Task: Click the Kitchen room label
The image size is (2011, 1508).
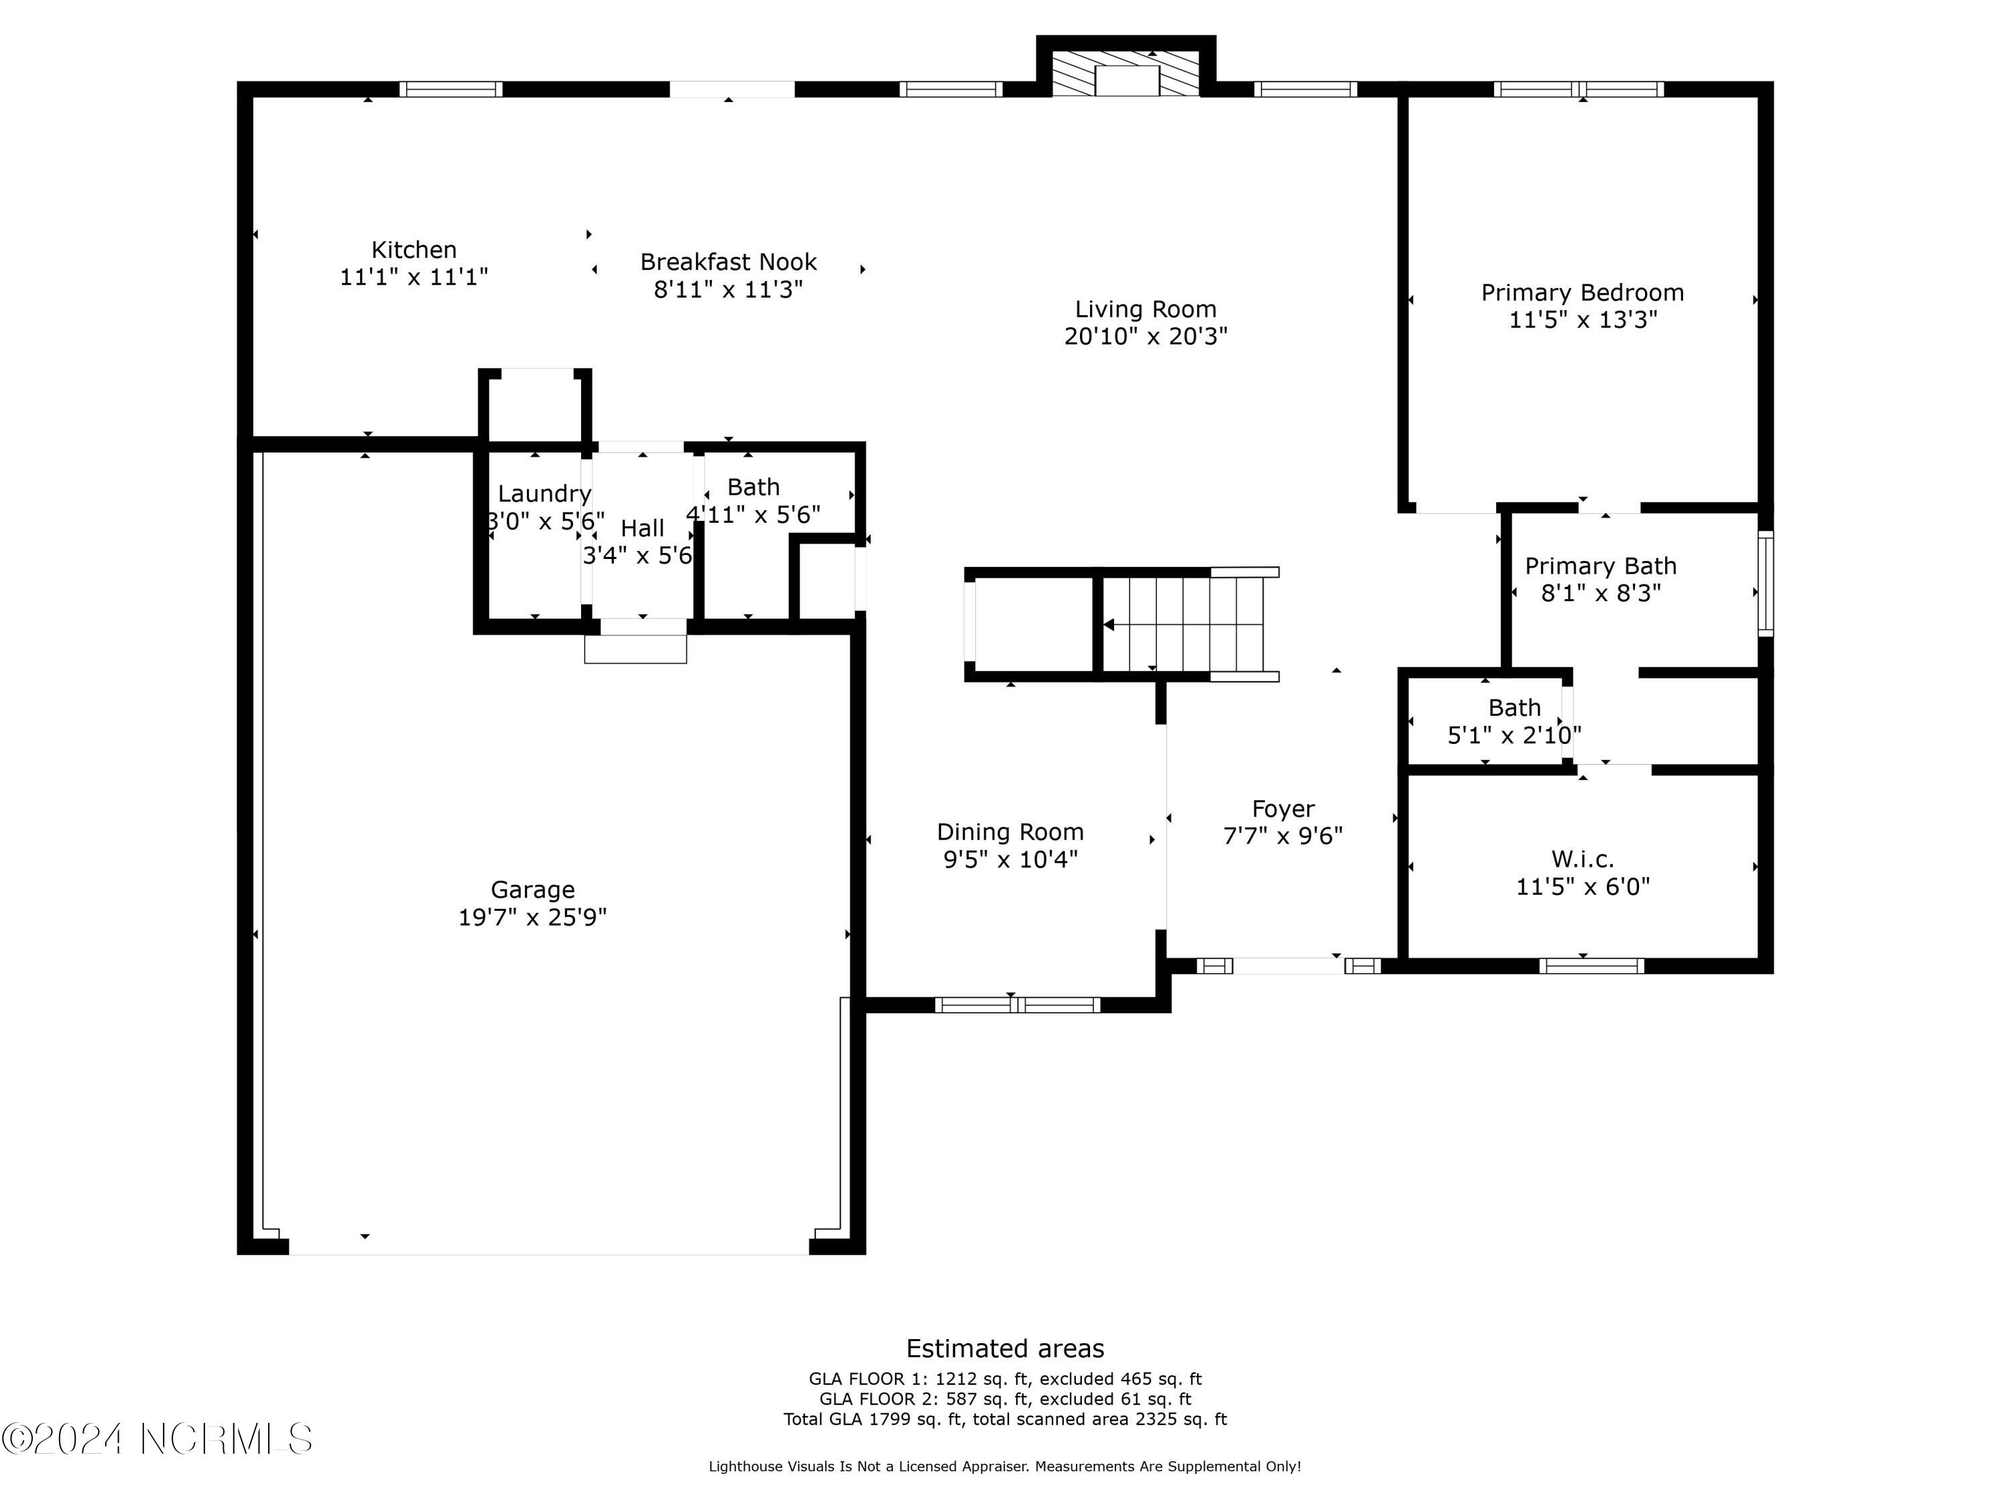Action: click(414, 250)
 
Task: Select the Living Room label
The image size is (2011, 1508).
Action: click(1146, 310)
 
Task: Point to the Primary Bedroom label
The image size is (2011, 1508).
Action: click(1582, 293)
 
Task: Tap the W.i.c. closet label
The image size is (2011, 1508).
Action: click(1582, 859)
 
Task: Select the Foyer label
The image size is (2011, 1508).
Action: click(1283, 809)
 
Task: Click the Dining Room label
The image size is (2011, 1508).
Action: click(1010, 832)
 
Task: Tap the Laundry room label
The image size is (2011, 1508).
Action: click(544, 493)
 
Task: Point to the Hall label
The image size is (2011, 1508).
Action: click(642, 528)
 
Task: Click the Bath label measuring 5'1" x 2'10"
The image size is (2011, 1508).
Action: click(1514, 707)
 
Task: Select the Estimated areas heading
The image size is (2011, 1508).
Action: click(1005, 1348)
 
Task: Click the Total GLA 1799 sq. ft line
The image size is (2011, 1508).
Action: click(1005, 1419)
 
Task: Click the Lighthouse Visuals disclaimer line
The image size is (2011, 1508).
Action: click(1005, 1466)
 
